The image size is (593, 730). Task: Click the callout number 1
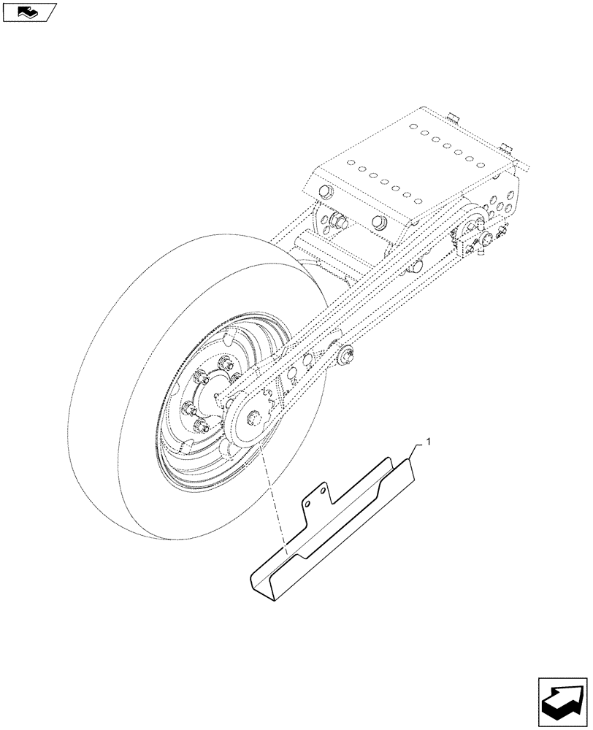point(429,442)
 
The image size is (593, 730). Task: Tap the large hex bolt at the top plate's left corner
point(324,193)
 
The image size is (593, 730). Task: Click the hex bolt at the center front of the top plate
point(378,221)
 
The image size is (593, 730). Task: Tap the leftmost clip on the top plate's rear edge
point(452,117)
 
